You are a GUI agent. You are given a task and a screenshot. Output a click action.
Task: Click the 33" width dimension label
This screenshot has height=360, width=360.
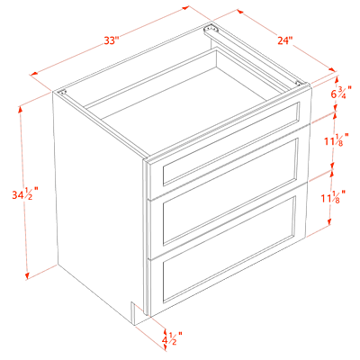click(112, 40)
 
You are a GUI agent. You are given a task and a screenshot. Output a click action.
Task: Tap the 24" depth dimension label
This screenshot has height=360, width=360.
click(284, 40)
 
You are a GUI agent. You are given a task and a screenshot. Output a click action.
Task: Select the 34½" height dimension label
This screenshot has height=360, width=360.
click(25, 194)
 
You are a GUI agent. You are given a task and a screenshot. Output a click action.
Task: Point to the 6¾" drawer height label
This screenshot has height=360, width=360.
click(341, 93)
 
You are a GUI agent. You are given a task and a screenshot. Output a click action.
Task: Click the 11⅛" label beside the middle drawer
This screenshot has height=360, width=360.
click(336, 140)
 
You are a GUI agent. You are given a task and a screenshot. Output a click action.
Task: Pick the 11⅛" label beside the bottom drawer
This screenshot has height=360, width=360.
click(333, 197)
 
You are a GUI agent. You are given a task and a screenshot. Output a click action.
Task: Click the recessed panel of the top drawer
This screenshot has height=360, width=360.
click(231, 143)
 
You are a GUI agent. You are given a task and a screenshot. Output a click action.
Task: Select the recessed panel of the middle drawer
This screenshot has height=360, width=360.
click(230, 192)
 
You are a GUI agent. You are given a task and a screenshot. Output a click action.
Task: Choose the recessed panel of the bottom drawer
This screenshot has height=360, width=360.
click(229, 249)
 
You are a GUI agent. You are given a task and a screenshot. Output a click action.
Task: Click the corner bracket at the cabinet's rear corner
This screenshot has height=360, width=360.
click(210, 29)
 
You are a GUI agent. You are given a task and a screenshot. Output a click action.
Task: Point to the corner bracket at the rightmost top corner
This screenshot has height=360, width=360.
click(299, 83)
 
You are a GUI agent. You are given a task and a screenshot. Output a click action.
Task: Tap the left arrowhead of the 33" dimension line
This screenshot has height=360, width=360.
click(33, 74)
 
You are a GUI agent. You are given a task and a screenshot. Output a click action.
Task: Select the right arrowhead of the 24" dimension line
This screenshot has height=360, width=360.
click(332, 69)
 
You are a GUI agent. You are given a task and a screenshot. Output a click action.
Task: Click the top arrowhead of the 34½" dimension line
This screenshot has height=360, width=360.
click(21, 110)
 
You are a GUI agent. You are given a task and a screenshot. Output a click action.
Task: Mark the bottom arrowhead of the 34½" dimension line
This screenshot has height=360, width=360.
click(28, 275)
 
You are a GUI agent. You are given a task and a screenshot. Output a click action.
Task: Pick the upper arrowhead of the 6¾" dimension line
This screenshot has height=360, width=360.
click(337, 78)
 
